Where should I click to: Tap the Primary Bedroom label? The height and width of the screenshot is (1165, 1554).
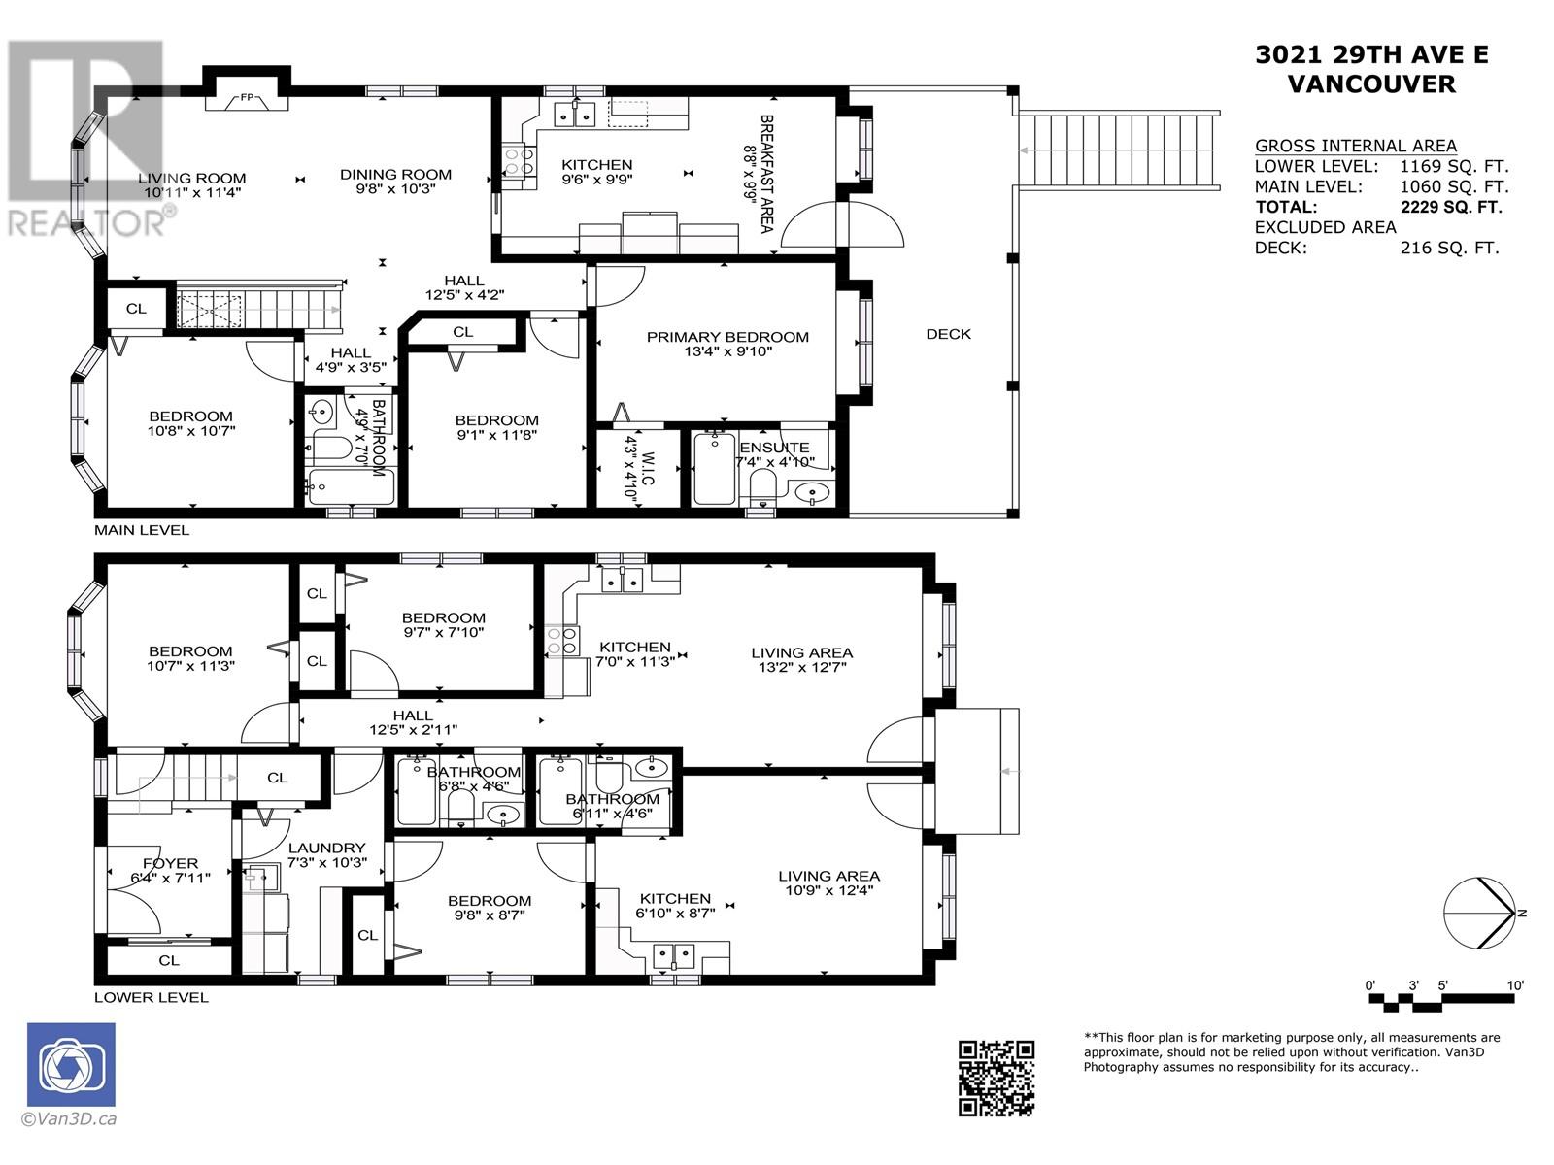click(727, 337)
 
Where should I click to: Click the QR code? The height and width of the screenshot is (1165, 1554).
click(997, 1077)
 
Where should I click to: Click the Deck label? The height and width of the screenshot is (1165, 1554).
click(948, 334)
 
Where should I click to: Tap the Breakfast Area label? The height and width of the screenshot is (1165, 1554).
click(765, 173)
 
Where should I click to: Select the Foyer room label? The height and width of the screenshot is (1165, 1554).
click(170, 863)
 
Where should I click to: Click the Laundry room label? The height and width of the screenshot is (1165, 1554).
click(327, 848)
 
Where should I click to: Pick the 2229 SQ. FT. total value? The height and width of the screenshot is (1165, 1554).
click(1450, 207)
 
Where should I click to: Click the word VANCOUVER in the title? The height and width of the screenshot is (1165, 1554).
click(1370, 84)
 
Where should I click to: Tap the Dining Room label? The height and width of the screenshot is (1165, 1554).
click(395, 175)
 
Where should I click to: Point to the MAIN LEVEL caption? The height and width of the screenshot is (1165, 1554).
click(142, 530)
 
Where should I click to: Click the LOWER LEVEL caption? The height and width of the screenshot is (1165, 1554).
click(151, 997)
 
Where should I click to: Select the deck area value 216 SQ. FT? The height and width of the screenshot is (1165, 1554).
click(1449, 248)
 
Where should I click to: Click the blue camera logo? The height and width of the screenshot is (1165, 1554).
click(71, 1064)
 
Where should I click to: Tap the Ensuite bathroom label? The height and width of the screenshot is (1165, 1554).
click(774, 448)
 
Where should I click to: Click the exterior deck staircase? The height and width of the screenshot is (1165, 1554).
click(1118, 151)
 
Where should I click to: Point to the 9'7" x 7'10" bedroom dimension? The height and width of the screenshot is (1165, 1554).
click(443, 632)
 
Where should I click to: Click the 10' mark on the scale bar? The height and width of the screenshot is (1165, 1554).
click(1515, 985)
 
